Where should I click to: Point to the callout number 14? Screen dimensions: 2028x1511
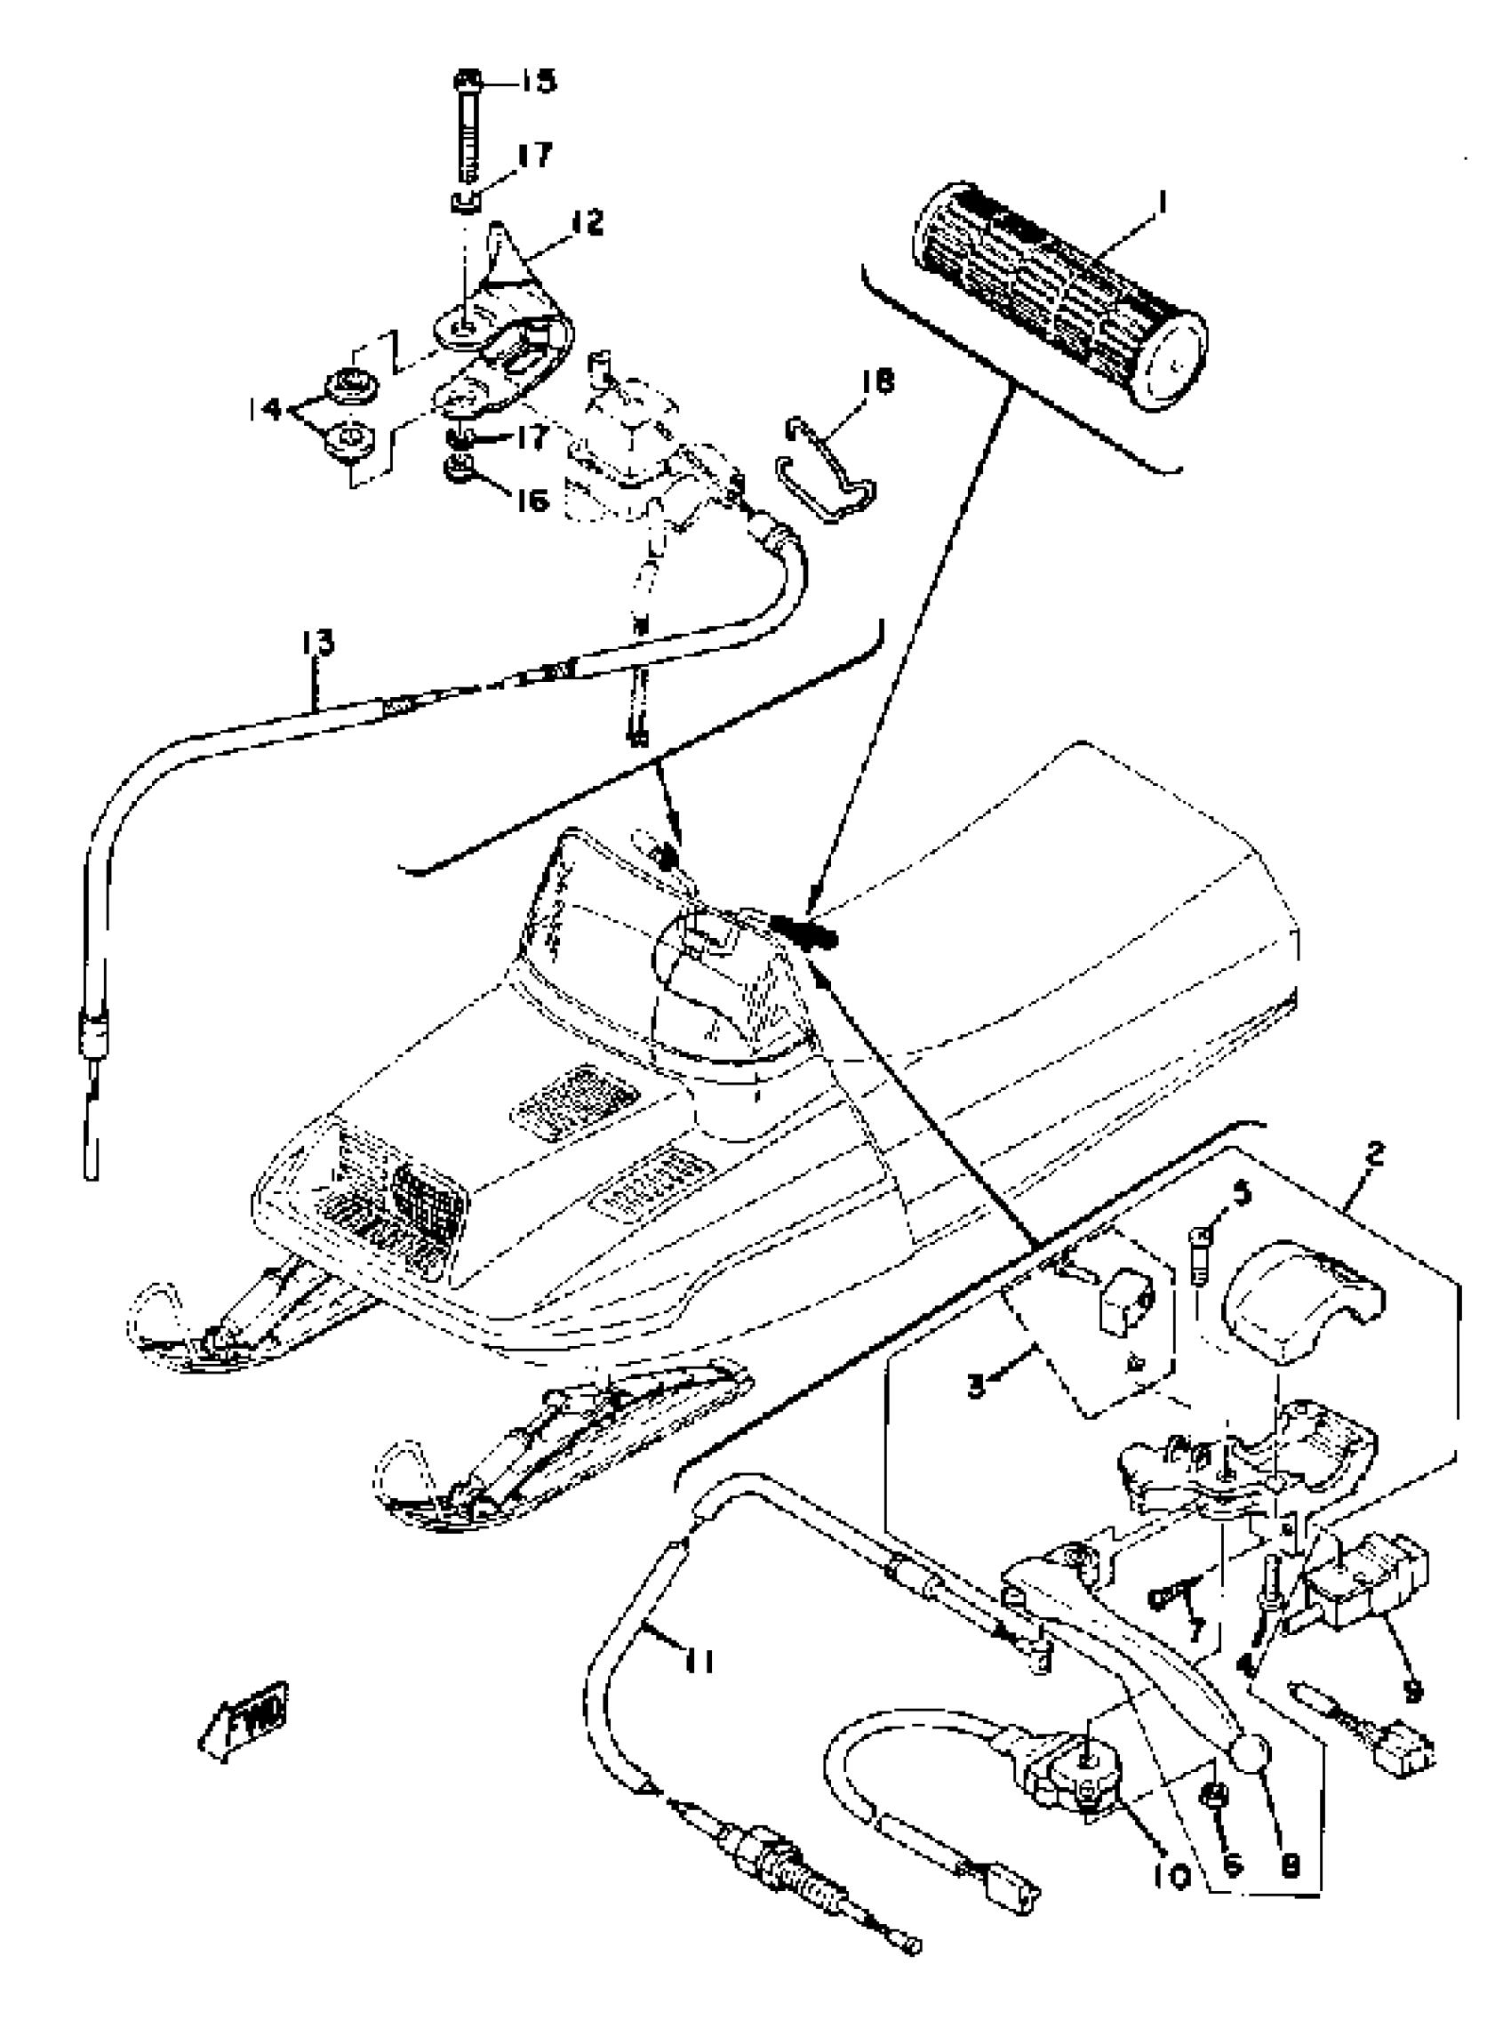pos(265,409)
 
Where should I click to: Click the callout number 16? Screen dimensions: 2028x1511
pos(532,501)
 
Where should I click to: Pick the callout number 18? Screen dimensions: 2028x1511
pos(876,381)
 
